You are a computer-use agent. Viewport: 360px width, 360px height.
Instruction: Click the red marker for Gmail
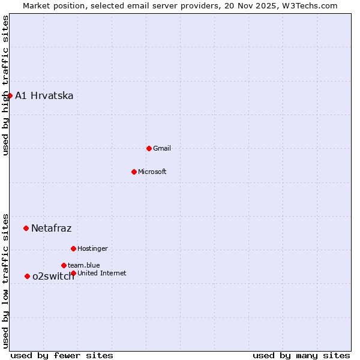coord(149,148)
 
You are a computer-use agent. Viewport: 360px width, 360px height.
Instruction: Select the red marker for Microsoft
coord(134,172)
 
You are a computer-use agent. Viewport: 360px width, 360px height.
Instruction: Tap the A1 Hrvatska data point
coord(10,95)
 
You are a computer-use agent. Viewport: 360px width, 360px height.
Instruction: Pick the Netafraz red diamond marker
coord(26,228)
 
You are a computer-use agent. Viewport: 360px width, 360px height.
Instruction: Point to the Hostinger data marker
coord(73,248)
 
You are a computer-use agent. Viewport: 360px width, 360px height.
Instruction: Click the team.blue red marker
coord(64,265)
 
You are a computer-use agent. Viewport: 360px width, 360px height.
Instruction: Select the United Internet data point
coord(73,273)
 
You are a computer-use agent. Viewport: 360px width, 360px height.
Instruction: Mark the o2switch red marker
coord(27,276)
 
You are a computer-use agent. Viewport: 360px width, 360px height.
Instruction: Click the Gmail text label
coord(162,148)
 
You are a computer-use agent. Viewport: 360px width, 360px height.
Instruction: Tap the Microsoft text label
coord(152,172)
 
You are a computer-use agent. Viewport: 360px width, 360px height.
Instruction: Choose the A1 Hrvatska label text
coord(44,96)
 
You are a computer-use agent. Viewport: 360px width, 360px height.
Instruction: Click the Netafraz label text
coord(52,228)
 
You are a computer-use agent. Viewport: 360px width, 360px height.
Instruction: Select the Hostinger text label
coord(92,248)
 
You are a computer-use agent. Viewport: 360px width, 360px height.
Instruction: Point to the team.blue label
coord(84,265)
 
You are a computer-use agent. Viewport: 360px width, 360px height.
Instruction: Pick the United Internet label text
coord(102,273)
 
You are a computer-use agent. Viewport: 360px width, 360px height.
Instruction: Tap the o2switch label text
coord(53,276)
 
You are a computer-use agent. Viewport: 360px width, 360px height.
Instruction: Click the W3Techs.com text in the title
coord(311,5)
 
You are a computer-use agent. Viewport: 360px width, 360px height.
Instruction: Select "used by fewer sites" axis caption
coord(62,355)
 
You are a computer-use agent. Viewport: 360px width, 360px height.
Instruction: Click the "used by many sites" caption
coord(301,355)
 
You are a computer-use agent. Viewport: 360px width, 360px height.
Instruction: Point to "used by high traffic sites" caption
coord(5,85)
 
